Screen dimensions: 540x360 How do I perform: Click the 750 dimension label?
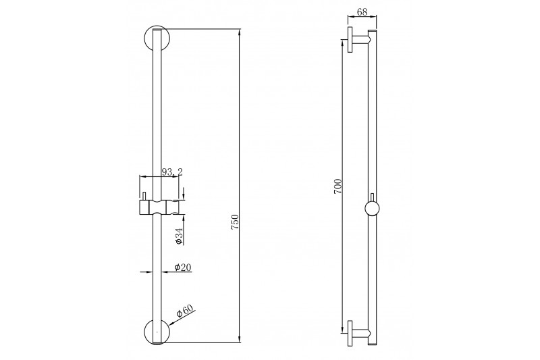coord(234,222)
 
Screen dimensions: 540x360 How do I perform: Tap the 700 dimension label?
coord(338,186)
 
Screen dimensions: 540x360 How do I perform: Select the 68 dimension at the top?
coord(362,11)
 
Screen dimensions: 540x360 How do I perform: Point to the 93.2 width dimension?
coord(172,172)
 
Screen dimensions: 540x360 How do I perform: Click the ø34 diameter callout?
coord(179,236)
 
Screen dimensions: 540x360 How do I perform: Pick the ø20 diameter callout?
coord(183,267)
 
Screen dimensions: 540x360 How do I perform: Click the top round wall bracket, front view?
coord(157,38)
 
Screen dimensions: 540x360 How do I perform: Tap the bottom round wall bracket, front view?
coord(157,331)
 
